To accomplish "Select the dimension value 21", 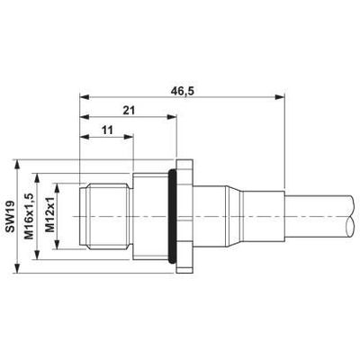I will tap(128, 111).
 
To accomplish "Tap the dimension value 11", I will tap(106, 131).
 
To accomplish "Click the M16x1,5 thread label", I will tap(29, 219).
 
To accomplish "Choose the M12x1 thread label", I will tap(50, 219).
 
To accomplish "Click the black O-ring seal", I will tap(170, 219).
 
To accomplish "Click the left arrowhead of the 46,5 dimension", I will tap(84, 97).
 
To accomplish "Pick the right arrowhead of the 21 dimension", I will tap(167, 118).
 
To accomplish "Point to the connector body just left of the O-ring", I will tap(148, 219).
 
